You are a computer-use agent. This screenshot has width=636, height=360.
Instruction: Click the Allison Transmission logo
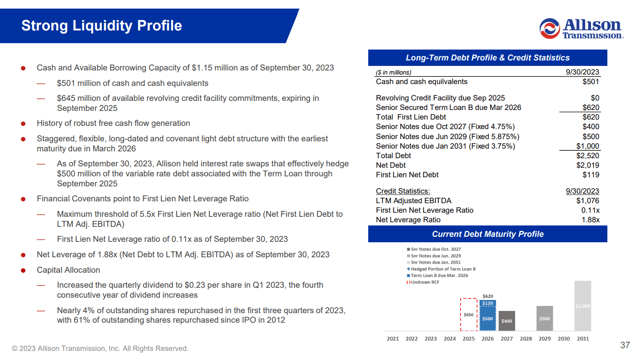click(x=581, y=28)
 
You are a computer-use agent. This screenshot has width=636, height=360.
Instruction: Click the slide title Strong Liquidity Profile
click(x=101, y=25)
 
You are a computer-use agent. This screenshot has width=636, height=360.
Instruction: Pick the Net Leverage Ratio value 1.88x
click(x=591, y=220)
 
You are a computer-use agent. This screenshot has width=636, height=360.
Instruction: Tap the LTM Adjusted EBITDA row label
click(x=413, y=200)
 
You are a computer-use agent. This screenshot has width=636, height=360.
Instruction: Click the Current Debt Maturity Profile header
click(x=487, y=234)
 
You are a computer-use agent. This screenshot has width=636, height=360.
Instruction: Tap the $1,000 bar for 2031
click(x=582, y=306)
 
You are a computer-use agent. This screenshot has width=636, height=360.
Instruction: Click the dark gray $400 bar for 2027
click(x=506, y=321)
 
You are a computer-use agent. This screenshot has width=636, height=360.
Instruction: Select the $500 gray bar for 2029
click(x=545, y=318)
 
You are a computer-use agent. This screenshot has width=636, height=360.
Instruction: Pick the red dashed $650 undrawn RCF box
click(x=468, y=315)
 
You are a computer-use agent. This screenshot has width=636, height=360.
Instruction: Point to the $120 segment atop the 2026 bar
click(x=487, y=303)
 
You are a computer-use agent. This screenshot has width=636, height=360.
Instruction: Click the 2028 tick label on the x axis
click(x=526, y=339)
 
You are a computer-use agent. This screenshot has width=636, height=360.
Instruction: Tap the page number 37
click(x=625, y=345)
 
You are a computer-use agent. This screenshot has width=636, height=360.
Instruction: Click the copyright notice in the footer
click(x=100, y=349)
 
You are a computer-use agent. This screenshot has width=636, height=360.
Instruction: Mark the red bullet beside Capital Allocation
click(x=23, y=270)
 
